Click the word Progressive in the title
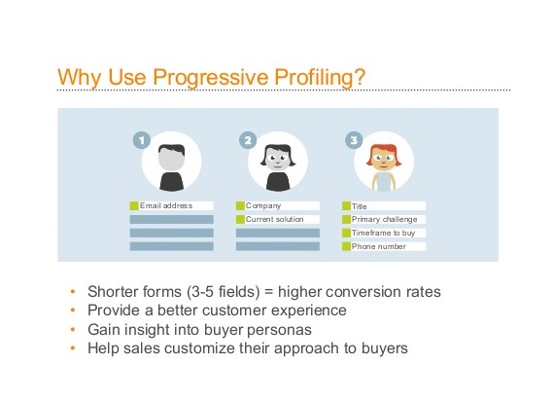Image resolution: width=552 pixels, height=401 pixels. (x=210, y=77)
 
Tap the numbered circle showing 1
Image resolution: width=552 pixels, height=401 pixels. (x=142, y=140)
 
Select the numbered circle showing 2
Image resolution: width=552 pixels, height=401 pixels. (x=248, y=140)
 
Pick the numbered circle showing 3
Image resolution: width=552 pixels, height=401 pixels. (x=354, y=140)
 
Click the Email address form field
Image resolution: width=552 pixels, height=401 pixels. (x=171, y=205)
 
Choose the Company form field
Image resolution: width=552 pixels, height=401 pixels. (x=278, y=205)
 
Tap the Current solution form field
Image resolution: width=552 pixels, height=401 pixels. (x=278, y=219)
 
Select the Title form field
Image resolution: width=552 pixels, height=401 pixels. (x=384, y=206)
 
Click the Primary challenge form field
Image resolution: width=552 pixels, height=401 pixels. (x=384, y=219)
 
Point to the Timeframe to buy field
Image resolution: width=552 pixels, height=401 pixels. (x=384, y=233)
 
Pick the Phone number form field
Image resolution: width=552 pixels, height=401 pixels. (x=384, y=246)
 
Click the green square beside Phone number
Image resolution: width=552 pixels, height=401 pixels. (x=346, y=246)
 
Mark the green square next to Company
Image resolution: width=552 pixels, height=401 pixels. (x=240, y=205)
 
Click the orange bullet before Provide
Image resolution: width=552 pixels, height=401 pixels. (x=73, y=310)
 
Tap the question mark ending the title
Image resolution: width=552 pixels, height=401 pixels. (x=361, y=76)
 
